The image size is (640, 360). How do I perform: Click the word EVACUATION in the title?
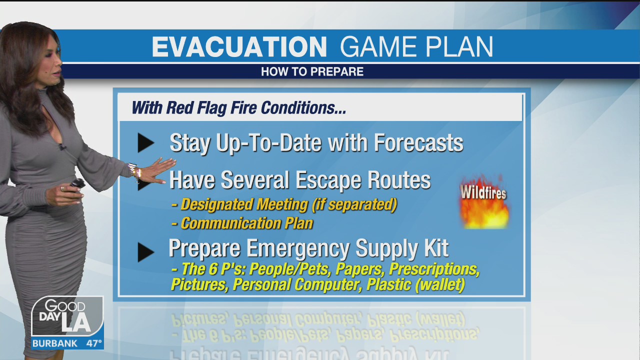[x=239, y=46]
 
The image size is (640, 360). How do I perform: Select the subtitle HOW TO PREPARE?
[x=312, y=71]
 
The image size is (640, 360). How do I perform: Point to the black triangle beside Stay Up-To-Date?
[x=145, y=142]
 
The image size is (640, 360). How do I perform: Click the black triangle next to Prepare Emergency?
[x=145, y=252]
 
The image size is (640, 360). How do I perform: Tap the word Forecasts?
[x=418, y=142]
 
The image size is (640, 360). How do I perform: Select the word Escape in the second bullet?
[x=328, y=180]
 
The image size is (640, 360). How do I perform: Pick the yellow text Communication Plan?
[x=247, y=223]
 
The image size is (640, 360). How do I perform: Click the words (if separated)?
[x=354, y=204]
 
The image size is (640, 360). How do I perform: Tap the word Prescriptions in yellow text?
[x=434, y=269]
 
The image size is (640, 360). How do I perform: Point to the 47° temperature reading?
[x=94, y=343]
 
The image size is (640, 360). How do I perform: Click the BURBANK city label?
[x=55, y=343]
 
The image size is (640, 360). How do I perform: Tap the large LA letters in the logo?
[x=76, y=323]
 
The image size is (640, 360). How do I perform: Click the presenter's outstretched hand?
[x=158, y=171]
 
